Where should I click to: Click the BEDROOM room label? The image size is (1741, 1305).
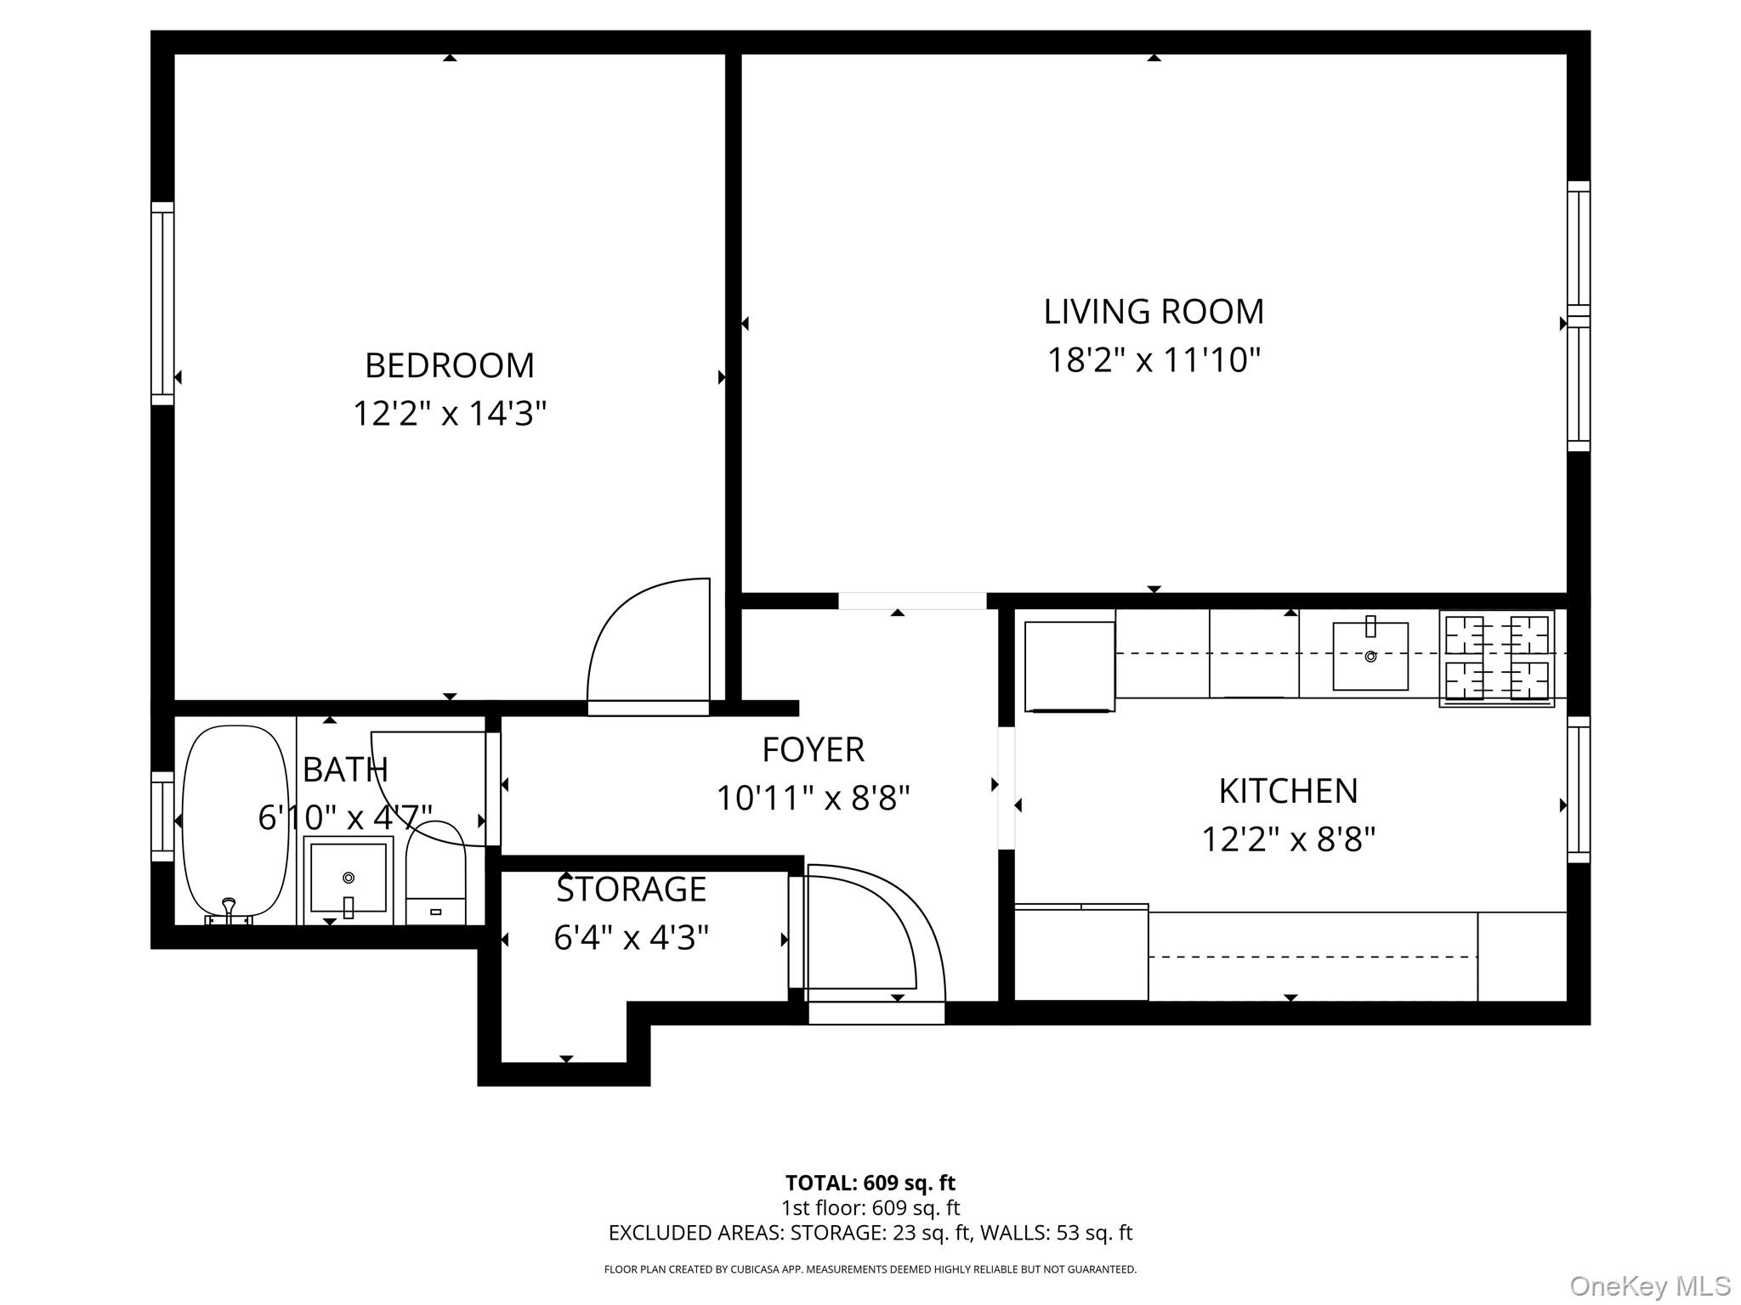pyautogui.click(x=449, y=366)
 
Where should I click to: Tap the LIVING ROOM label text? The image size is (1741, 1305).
pyautogui.click(x=1153, y=312)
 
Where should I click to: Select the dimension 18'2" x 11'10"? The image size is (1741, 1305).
pyautogui.click(x=1153, y=360)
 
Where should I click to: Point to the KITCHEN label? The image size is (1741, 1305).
pyautogui.click(x=1288, y=791)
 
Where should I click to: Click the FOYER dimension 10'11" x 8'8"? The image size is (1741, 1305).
pyautogui.click(x=813, y=799)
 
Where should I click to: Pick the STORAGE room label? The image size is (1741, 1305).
pyautogui.click(x=631, y=890)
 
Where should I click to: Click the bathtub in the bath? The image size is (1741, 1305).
pyautogui.click(x=235, y=820)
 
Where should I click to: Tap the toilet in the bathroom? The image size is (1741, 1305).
pyautogui.click(x=435, y=875)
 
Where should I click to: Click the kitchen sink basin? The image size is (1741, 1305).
pyautogui.click(x=1370, y=657)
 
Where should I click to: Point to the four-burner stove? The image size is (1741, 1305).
pyautogui.click(x=1496, y=658)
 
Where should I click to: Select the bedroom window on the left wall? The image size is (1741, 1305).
pyautogui.click(x=162, y=303)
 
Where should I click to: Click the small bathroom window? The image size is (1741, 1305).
pyautogui.click(x=162, y=816)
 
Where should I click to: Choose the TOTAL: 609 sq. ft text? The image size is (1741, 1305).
pyautogui.click(x=870, y=1183)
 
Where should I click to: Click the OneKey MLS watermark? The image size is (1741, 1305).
pyautogui.click(x=1649, y=1285)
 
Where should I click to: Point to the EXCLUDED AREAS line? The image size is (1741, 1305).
pyautogui.click(x=870, y=1233)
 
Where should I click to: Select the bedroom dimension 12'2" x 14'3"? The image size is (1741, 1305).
pyautogui.click(x=449, y=415)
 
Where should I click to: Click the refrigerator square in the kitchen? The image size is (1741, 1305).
pyautogui.click(x=1069, y=666)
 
